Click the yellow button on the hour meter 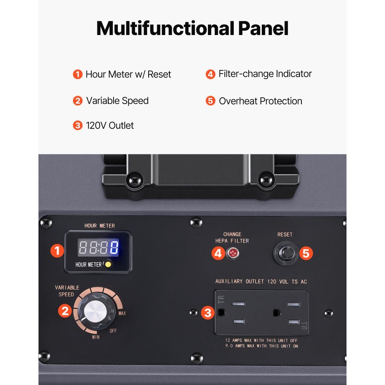(108, 264)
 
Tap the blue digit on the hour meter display (114, 247)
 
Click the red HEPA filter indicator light (232, 253)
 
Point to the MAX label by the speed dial (122, 313)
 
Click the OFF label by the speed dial (113, 331)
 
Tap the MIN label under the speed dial (96, 337)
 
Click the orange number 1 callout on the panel (57, 251)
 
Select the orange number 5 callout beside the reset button (306, 253)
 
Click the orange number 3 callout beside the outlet (208, 313)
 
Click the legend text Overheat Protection (261, 101)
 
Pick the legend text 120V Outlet (110, 126)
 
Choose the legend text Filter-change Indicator (265, 74)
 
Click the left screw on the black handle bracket (134, 181)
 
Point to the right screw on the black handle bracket (266, 181)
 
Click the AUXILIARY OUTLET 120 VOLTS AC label (261, 281)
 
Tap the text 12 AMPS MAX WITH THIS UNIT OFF (261, 340)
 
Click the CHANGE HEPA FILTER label (232, 238)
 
